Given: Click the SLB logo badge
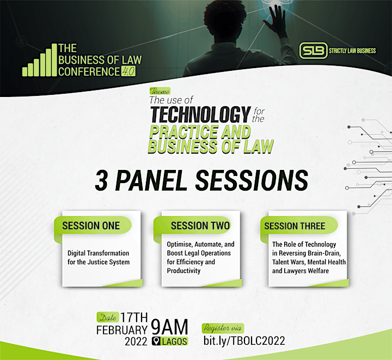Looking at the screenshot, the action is tap(313, 51).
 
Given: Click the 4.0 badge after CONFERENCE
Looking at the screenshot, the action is tap(128, 71).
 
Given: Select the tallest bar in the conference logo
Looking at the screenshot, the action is tap(54, 60).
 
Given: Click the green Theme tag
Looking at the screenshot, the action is tap(160, 91).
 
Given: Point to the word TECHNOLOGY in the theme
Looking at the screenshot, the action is tap(200, 114).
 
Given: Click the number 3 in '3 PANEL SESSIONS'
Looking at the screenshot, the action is tap(101, 180).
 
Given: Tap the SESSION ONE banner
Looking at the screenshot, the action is tap(93, 225).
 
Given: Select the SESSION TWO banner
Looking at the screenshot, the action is tap(192, 225).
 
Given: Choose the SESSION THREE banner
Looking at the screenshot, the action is tap(299, 225).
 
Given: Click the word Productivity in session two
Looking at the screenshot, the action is tap(184, 271).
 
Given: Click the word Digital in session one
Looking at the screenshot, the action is tap(77, 253).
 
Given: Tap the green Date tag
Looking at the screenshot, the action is tap(107, 318).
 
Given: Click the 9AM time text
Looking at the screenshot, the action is tap(169, 327).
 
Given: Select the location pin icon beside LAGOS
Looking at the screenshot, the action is tap(156, 341).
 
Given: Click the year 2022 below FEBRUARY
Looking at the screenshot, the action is tap(136, 341).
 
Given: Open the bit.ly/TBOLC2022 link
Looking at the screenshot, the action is tap(244, 341).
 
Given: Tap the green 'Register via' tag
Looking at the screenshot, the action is tap(223, 328).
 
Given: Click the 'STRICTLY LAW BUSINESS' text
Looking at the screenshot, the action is tap(352, 51).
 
